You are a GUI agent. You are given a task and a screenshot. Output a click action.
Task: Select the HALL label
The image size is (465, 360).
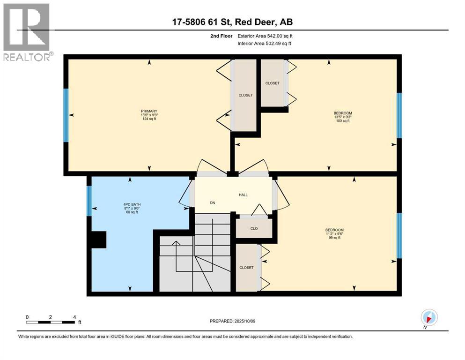[243, 195]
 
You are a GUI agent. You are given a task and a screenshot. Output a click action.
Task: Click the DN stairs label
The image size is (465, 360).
[213, 203]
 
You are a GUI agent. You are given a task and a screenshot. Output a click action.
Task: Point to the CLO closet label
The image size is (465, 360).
[253, 229]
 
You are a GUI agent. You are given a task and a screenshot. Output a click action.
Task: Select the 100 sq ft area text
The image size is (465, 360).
[342, 121]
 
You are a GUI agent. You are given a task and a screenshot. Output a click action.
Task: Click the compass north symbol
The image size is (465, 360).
[429, 317]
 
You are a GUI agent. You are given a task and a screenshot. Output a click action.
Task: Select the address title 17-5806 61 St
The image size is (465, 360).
[232, 22]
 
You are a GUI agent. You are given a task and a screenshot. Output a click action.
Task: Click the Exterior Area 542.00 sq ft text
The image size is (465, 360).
[266, 36]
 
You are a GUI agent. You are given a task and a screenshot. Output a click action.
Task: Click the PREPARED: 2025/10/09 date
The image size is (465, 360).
[232, 321]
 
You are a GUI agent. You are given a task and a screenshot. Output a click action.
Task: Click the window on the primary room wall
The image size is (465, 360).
[66, 115]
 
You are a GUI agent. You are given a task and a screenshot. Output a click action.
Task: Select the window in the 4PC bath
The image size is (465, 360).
[89, 201]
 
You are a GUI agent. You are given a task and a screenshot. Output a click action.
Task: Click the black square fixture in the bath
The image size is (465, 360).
[99, 240]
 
